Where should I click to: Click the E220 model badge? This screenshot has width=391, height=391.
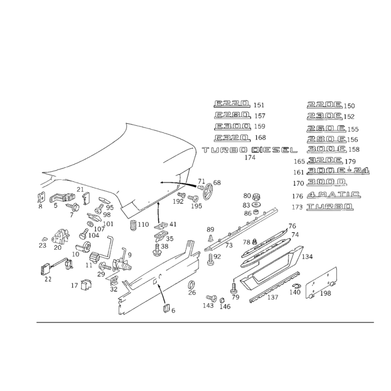pyautogui.click(x=232, y=104)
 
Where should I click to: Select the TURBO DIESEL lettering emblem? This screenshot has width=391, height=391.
pyautogui.click(x=250, y=150)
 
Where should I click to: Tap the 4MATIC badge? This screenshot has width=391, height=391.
pyautogui.click(x=334, y=195)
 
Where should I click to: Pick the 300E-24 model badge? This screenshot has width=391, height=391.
pyautogui.click(x=338, y=171)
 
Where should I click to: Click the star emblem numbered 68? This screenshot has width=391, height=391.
pyautogui.click(x=208, y=192)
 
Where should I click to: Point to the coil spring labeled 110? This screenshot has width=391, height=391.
pyautogui.click(x=133, y=225)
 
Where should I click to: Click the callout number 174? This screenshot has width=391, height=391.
pyautogui.click(x=250, y=157)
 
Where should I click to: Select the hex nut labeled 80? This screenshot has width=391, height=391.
pyautogui.click(x=255, y=197)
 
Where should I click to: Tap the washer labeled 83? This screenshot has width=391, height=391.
pyautogui.click(x=255, y=205)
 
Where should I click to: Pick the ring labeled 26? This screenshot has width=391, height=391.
pyautogui.click(x=192, y=284)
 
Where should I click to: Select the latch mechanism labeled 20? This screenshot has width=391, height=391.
pyautogui.click(x=60, y=236)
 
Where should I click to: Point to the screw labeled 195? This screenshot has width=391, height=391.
pyautogui.click(x=193, y=198)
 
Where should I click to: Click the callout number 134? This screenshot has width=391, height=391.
pyautogui.click(x=307, y=257)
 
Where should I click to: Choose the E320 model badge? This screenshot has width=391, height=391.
pyautogui.click(x=232, y=138)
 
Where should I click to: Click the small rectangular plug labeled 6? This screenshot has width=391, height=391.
pyautogui.click(x=166, y=308)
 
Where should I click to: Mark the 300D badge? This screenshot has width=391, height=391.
pyautogui.click(x=326, y=182)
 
